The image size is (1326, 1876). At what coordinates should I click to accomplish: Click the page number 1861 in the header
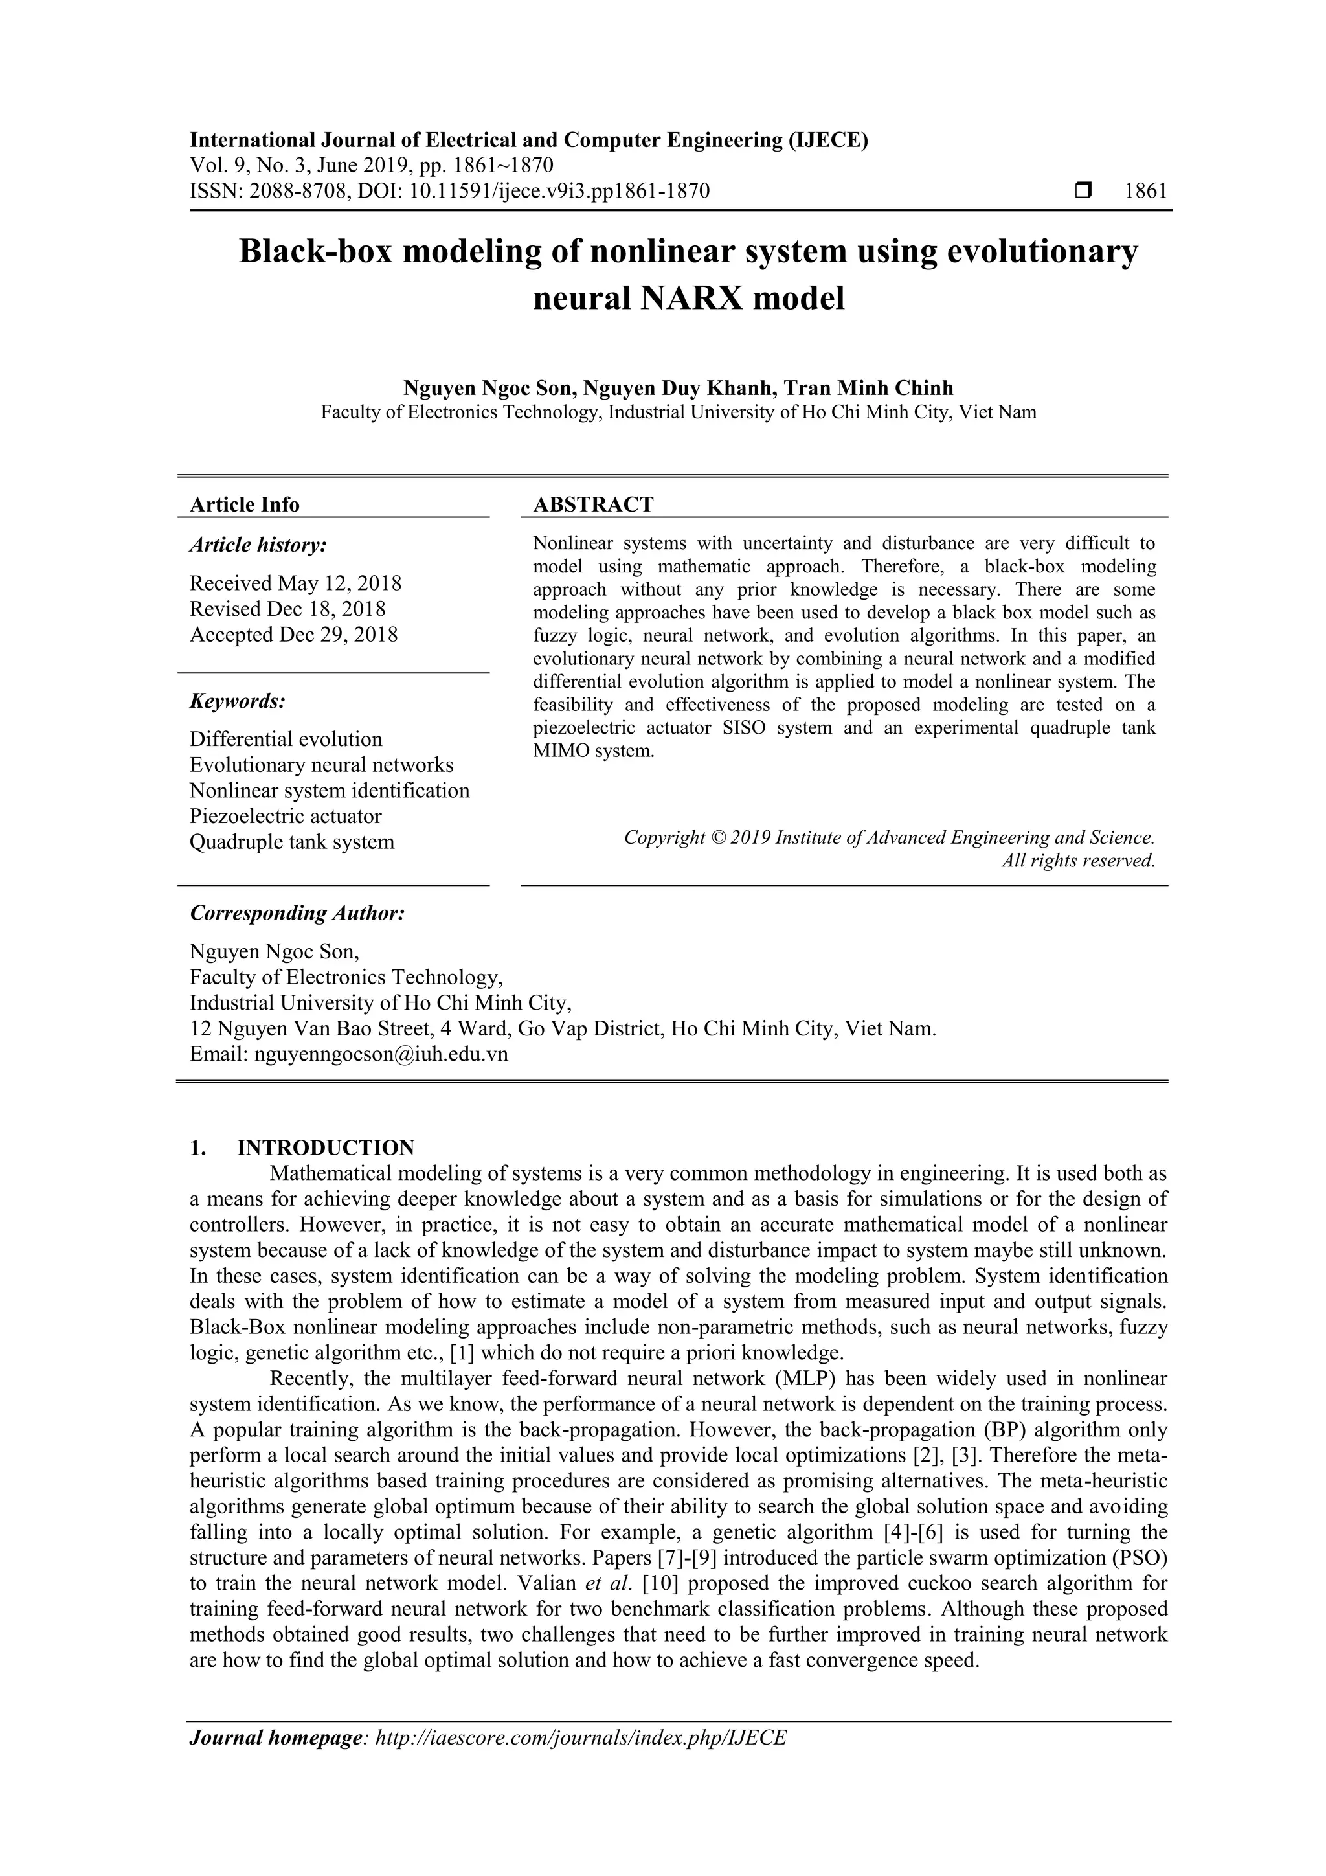1145,191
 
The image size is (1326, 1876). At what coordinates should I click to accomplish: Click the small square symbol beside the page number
1083,191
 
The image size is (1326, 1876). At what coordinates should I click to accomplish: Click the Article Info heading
244,505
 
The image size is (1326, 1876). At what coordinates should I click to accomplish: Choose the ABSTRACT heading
593,505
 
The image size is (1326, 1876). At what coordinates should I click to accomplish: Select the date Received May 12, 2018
296,583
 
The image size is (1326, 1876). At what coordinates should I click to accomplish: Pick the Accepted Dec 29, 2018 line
293,635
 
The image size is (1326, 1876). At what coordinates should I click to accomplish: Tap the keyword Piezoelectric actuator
285,816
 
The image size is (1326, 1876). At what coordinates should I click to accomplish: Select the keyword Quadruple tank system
291,842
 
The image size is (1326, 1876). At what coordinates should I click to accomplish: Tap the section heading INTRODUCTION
325,1148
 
